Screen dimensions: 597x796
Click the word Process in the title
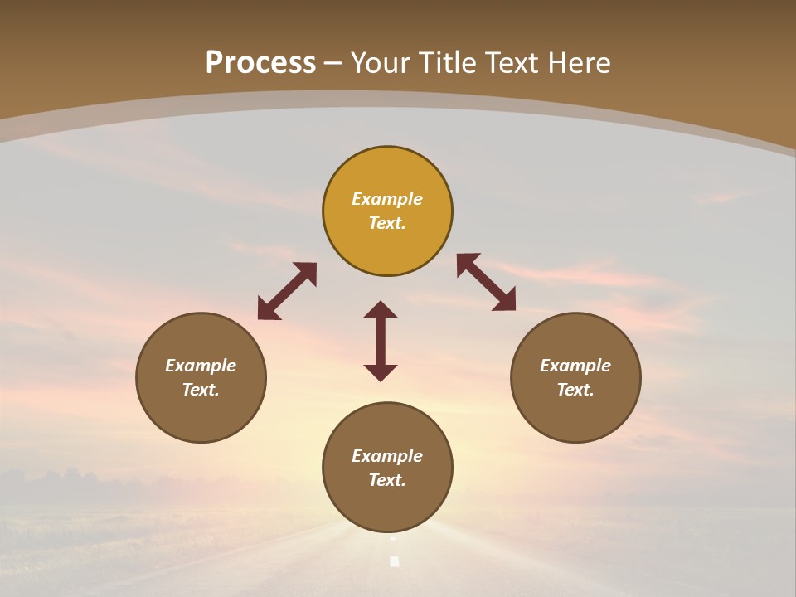click(x=260, y=63)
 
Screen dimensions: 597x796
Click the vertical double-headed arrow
click(x=381, y=341)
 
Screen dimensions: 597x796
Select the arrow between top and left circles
click(x=287, y=291)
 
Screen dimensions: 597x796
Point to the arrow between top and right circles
click(x=487, y=282)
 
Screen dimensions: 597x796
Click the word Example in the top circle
click(x=387, y=199)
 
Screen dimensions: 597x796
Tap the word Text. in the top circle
click(x=387, y=223)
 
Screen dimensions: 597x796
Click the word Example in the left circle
click(x=201, y=366)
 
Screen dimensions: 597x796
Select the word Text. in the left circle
click(x=201, y=390)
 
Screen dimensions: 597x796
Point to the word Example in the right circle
click(x=575, y=366)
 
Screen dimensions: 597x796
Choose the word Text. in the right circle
click(x=575, y=390)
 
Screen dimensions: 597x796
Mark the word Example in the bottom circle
click(x=387, y=456)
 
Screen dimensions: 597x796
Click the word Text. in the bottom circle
click(x=387, y=480)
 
